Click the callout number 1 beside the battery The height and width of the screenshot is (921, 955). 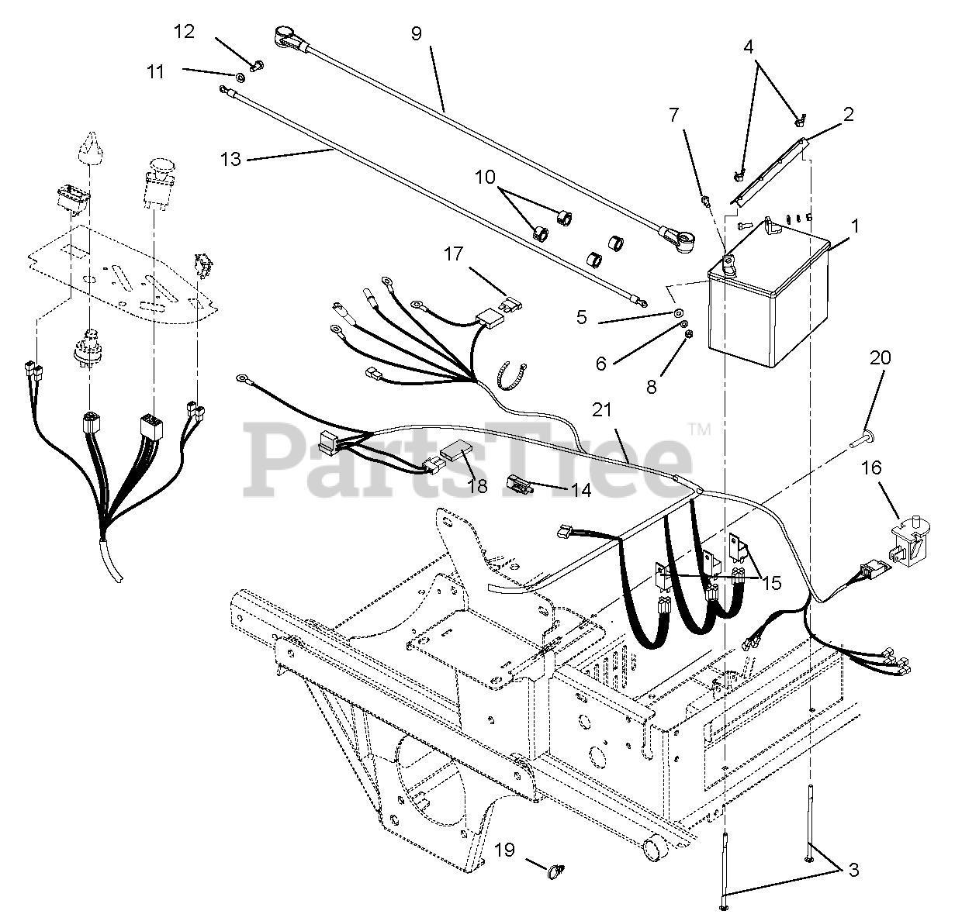click(855, 226)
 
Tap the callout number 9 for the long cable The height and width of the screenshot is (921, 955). click(417, 34)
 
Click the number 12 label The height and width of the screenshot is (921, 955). click(184, 32)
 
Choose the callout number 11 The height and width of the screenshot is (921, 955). click(156, 71)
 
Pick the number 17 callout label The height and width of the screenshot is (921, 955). click(454, 254)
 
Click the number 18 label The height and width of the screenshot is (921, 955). click(477, 485)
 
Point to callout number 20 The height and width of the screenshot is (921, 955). click(880, 358)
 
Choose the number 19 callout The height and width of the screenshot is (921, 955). click(504, 851)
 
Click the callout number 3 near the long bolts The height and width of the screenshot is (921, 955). click(853, 871)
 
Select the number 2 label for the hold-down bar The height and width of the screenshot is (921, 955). click(848, 114)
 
